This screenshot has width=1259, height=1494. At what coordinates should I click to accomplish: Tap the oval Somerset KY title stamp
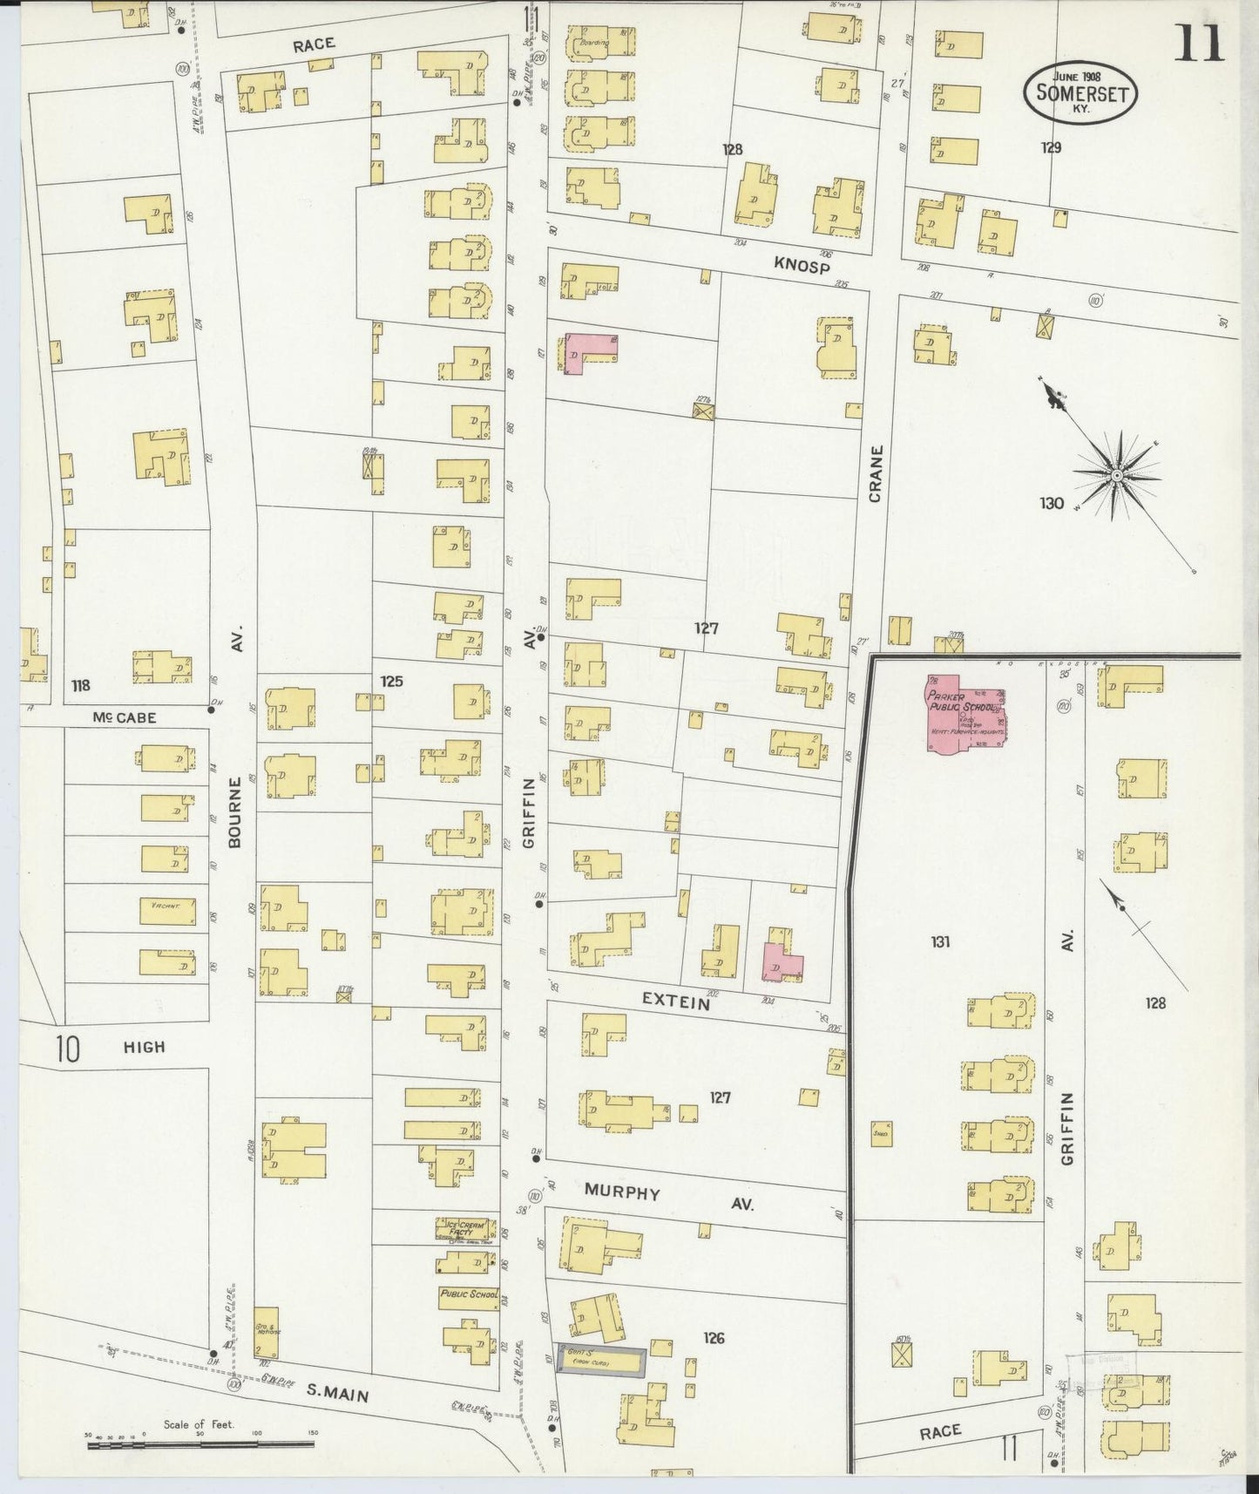1081,92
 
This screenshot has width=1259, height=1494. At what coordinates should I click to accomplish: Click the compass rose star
1116,476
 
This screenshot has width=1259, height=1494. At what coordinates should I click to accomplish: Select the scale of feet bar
200,1444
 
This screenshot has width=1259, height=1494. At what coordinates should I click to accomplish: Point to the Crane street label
876,474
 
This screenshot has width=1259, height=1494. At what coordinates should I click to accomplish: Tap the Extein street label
676,1002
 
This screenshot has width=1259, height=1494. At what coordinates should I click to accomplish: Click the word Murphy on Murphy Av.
622,1192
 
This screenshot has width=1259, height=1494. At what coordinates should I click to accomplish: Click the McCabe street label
125,717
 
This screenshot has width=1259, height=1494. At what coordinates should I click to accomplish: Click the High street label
144,1047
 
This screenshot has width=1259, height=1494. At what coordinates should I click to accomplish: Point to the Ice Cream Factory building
465,1229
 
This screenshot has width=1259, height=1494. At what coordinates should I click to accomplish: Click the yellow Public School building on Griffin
469,1295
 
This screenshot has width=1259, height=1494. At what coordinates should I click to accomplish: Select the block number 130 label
1051,503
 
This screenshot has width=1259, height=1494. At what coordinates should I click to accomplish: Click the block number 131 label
939,941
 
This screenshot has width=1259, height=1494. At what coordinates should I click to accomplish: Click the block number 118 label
80,686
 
